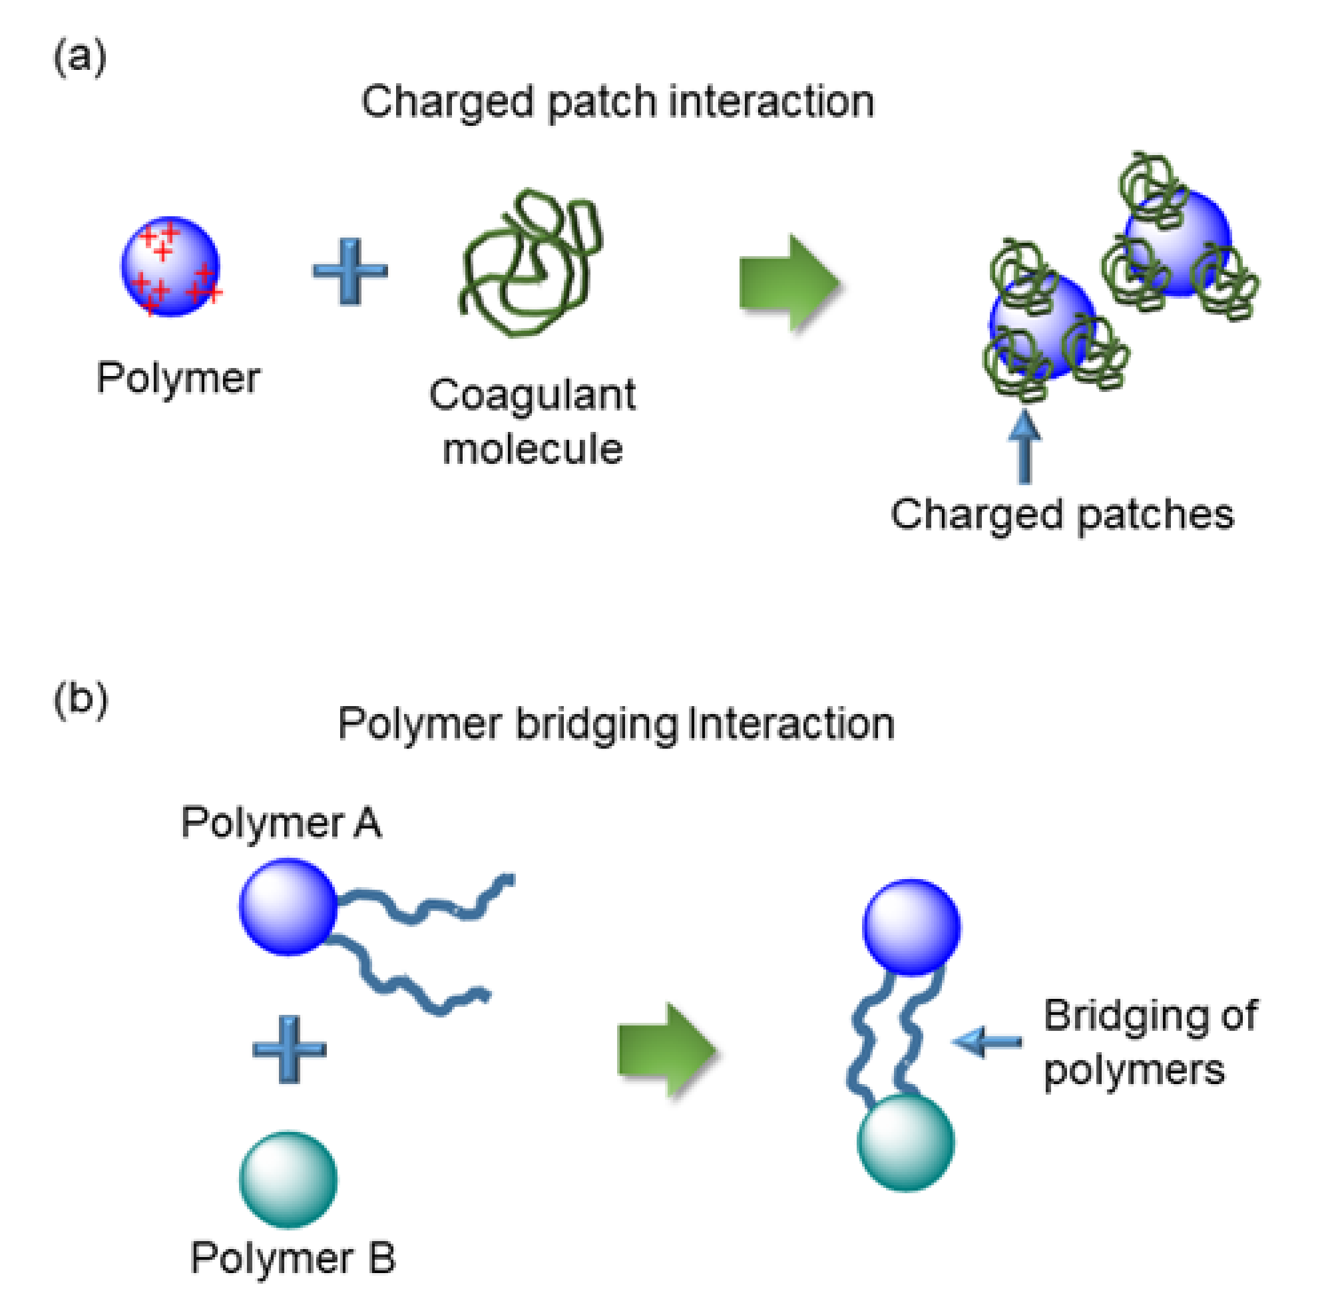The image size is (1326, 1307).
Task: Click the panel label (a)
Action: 80,57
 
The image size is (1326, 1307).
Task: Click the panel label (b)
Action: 81,701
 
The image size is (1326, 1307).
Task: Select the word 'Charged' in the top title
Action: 446,103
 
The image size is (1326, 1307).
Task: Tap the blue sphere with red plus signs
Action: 171,267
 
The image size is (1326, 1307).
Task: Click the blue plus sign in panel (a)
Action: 350,271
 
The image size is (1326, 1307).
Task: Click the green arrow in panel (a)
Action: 789,283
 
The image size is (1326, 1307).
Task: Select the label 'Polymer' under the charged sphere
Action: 178,378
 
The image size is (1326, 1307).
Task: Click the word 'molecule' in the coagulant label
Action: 533,450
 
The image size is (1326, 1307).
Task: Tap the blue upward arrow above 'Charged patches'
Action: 1024,446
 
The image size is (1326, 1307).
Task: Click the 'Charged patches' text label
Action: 1061,514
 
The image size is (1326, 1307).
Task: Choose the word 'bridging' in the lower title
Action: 596,725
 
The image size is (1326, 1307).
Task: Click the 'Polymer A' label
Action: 281,823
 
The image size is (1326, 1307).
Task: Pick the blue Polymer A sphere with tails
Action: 288,906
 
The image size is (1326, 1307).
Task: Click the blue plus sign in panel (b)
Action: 289,1049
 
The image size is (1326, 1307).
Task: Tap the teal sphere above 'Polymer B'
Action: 288,1179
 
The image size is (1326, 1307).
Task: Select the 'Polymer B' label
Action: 293,1258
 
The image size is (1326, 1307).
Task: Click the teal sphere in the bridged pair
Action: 905,1143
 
